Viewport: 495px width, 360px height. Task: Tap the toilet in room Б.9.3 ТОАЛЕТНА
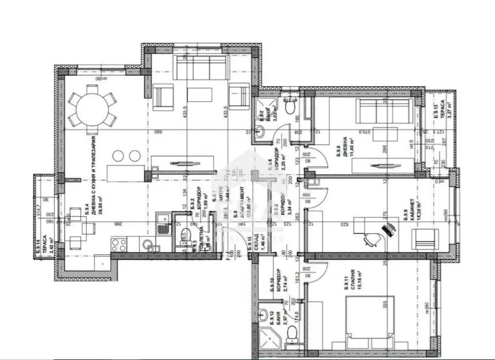pos(184,235)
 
